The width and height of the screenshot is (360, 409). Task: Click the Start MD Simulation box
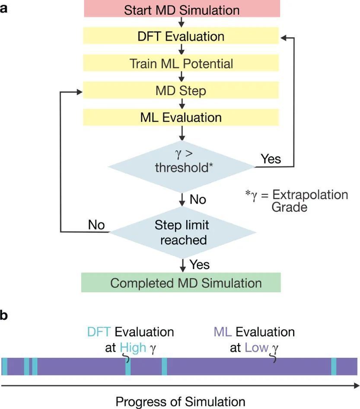[182, 9]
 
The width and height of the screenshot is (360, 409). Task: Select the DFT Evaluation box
[181, 36]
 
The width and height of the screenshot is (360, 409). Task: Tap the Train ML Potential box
[181, 63]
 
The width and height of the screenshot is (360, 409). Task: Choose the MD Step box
[181, 90]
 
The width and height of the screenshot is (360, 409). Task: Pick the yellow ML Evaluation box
[181, 117]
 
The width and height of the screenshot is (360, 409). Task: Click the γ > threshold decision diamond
[182, 167]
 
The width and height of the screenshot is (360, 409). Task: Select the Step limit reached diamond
[182, 232]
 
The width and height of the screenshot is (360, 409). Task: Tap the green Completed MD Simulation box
[181, 282]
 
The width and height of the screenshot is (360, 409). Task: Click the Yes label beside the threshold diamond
[271, 159]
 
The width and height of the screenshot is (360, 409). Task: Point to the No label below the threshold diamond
[198, 200]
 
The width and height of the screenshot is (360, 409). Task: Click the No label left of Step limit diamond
[96, 225]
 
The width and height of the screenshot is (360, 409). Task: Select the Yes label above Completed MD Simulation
[199, 265]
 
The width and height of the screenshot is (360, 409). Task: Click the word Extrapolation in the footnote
[310, 195]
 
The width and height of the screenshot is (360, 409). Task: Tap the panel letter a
[3, 9]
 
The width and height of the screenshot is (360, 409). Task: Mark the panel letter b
[3, 315]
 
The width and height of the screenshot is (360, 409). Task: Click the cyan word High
[133, 348]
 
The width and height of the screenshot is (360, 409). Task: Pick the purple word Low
[257, 348]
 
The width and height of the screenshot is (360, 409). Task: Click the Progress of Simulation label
[180, 402]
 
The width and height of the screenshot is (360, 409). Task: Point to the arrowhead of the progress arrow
[357, 386]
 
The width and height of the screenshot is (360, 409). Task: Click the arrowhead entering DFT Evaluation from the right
[284, 38]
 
